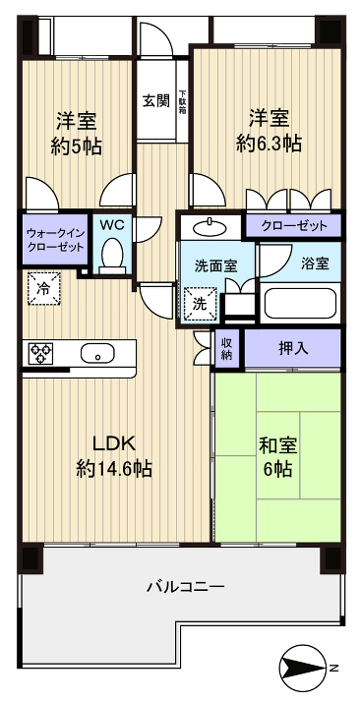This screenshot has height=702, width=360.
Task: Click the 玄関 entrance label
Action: pyautogui.click(x=156, y=100)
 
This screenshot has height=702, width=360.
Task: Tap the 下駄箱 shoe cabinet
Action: pyautogui.click(x=182, y=101)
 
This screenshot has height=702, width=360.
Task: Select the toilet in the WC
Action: pyautogui.click(x=112, y=256)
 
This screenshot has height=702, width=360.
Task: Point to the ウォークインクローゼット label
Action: pyautogui.click(x=55, y=240)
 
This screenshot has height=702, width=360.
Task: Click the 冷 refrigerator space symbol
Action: pyautogui.click(x=44, y=289)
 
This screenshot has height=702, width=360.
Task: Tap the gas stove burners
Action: pyautogui.click(x=40, y=353)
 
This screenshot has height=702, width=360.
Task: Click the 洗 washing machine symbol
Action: pyautogui.click(x=200, y=304)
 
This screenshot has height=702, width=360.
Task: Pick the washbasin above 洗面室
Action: pyautogui.click(x=210, y=228)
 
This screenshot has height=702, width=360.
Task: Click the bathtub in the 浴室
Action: pyautogui.click(x=299, y=304)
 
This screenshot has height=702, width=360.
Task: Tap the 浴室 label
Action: pyautogui.click(x=315, y=264)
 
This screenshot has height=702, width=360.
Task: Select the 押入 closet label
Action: pyautogui.click(x=294, y=348)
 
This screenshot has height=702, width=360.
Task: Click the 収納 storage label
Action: pyautogui.click(x=227, y=348)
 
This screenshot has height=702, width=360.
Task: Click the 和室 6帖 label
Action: pyautogui.click(x=278, y=457)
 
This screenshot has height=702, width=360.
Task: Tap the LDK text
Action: pyautogui.click(x=114, y=443)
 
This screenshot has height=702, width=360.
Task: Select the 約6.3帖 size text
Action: pyautogui.click(x=269, y=144)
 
